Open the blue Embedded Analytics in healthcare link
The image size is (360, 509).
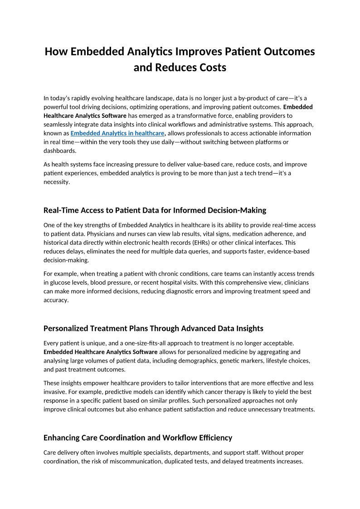pyautogui.click(x=117, y=133)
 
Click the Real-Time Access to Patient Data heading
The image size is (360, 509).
pyautogui.click(x=155, y=210)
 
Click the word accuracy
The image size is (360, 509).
pyautogui.click(x=56, y=300)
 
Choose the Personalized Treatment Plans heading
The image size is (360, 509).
pyautogui.click(x=153, y=328)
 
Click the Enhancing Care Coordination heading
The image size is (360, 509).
pyautogui.click(x=138, y=438)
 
